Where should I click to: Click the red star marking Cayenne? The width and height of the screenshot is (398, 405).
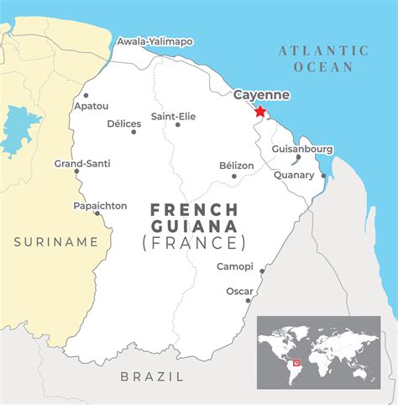click(x=259, y=112)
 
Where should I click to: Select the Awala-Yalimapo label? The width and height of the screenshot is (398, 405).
click(x=155, y=40)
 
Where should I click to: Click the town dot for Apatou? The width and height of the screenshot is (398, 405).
click(x=86, y=95)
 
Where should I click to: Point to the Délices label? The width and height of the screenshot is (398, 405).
click(x=123, y=123)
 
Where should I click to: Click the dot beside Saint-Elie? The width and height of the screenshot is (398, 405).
click(x=177, y=124)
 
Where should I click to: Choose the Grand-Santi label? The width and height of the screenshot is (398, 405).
click(x=82, y=163)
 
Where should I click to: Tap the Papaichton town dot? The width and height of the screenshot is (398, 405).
click(x=97, y=213)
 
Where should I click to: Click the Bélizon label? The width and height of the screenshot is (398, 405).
click(x=236, y=166)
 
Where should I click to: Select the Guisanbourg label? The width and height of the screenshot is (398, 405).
click(x=302, y=149)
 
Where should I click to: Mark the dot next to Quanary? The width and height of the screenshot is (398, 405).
click(x=323, y=176)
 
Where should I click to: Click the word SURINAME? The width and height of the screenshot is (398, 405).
click(x=56, y=242)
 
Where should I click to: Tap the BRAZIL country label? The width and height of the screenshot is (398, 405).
click(x=152, y=376)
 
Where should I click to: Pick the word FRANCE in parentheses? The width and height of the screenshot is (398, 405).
click(x=194, y=243)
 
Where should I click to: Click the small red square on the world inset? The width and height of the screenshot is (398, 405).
click(x=296, y=362)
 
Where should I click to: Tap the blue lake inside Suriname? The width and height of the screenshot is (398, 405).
click(x=18, y=130)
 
